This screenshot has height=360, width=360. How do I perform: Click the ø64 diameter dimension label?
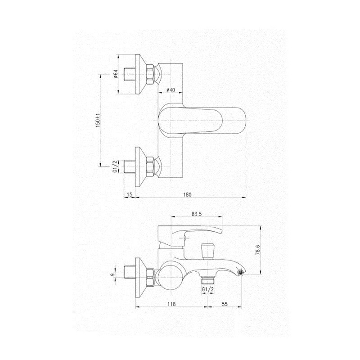pyautogui.click(x=116, y=74)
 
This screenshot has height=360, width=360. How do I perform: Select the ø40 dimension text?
pyautogui.click(x=171, y=90)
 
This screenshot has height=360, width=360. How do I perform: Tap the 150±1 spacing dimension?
pyautogui.click(x=98, y=120)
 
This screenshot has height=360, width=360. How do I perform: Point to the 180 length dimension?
pyautogui.click(x=187, y=195)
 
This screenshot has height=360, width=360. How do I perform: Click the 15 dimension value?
pyautogui.click(x=130, y=195)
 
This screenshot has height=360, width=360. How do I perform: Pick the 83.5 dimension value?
pyautogui.click(x=197, y=214)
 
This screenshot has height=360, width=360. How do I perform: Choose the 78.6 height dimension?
pyautogui.click(x=257, y=250)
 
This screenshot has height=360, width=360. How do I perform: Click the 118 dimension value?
pyautogui.click(x=171, y=304)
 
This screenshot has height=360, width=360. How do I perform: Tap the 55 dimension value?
pyautogui.click(x=225, y=304)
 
